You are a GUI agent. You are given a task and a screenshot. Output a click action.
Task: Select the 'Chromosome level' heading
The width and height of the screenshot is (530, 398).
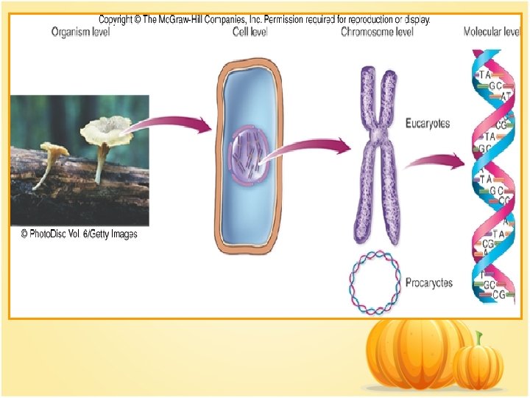(x=377, y=32)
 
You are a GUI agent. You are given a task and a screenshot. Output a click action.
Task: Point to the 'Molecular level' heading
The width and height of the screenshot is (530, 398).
(x=492, y=32)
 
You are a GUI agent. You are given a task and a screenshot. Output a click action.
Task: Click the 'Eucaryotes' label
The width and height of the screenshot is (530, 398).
(x=428, y=123)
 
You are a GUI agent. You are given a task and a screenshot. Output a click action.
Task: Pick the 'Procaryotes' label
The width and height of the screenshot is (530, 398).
(x=428, y=282)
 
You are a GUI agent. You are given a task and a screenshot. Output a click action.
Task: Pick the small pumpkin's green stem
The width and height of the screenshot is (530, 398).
(x=479, y=339)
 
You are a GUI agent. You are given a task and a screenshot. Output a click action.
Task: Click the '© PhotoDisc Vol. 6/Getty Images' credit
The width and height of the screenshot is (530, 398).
(x=79, y=234)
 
